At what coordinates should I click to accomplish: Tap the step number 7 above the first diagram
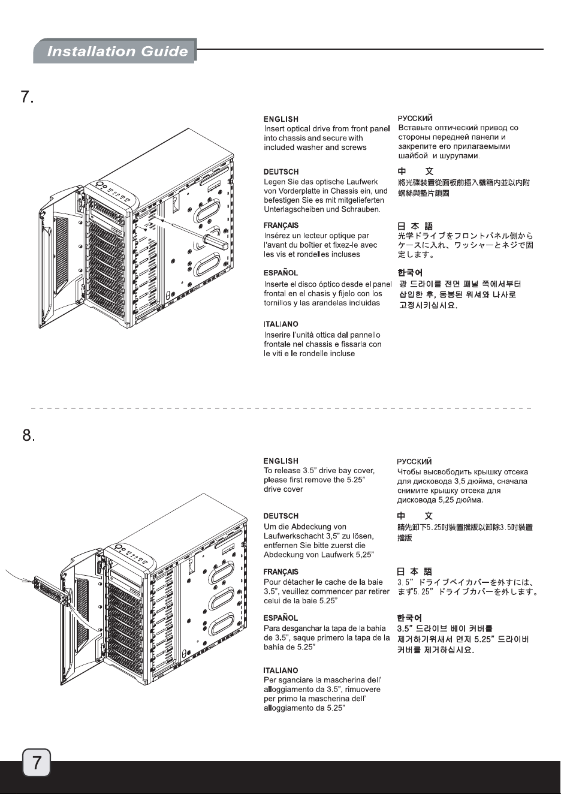tap(28, 97)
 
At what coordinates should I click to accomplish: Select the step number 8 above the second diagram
tap(29, 435)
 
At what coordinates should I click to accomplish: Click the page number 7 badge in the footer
tap(37, 762)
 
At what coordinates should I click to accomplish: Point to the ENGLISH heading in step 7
tap(281, 119)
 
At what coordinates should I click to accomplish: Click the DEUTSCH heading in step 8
tap(281, 516)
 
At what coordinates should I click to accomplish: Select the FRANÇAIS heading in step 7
tap(281, 225)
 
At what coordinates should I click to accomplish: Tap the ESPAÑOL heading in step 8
tap(280, 618)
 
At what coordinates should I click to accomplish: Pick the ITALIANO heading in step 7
tap(281, 324)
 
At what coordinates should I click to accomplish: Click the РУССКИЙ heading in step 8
tap(414, 462)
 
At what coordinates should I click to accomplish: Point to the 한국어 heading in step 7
tap(410, 273)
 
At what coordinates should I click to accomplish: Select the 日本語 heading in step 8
tap(415, 572)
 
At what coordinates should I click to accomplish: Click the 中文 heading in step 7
tap(415, 172)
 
